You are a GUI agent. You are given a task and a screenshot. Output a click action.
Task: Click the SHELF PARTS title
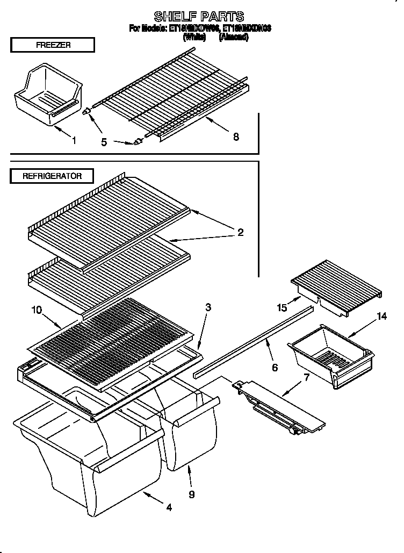pos(199,17)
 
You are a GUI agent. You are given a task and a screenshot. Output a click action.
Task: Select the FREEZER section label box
pos(52,45)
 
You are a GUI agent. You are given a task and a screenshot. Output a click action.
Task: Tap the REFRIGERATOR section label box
pos(52,176)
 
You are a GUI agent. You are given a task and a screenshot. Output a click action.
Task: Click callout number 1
pos(74,141)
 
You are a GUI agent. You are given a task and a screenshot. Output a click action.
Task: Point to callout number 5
pos(104,142)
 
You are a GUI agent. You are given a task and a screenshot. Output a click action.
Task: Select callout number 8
pos(236,137)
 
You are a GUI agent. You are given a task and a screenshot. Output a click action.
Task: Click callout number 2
pos(240,232)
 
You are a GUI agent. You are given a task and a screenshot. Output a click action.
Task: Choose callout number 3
pos(208,308)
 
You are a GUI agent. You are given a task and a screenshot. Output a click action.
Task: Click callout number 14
pos(381,316)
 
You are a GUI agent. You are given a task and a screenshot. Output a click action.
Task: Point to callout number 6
pos(275,368)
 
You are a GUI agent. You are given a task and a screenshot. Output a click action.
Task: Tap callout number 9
pos(192,494)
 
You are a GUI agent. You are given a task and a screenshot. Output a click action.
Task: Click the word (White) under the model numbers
pos(194,38)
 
